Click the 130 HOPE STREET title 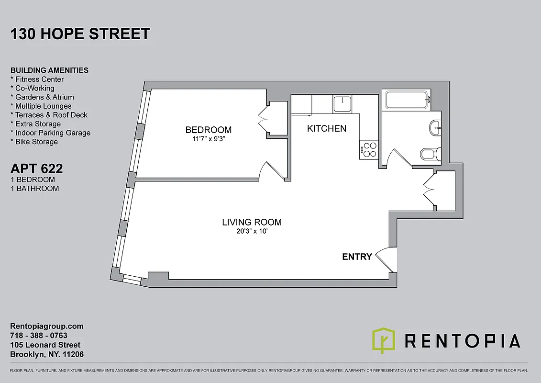(80, 34)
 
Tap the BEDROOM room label (208, 130)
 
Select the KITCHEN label (326, 128)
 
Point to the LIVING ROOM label (252, 222)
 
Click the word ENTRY (357, 257)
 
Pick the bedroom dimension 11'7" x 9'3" (209, 140)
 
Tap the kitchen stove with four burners (370, 149)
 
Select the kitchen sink (342, 103)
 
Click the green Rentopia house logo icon (384, 340)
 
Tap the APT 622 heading (37, 169)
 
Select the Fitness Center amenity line (37, 79)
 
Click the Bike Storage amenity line (34, 142)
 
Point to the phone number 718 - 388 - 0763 (39, 336)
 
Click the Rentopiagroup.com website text (47, 326)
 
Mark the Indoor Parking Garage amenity (50, 133)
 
